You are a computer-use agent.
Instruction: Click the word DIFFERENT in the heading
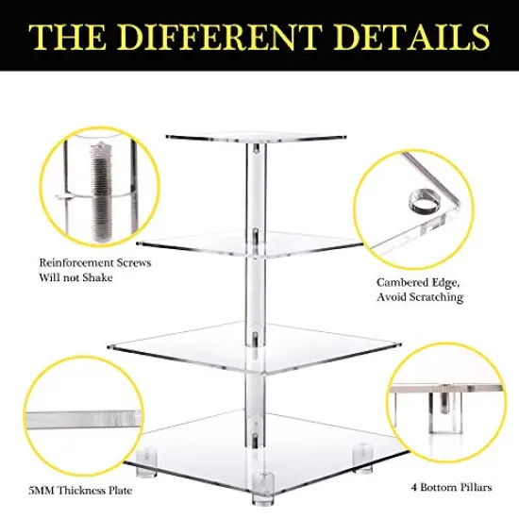coord(231,38)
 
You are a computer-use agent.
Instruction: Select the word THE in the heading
coord(69,38)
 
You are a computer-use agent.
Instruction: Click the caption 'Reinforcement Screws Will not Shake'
coord(94,271)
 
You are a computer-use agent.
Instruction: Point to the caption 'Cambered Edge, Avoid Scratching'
coord(421,290)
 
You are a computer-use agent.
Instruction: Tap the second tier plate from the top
coord(257,242)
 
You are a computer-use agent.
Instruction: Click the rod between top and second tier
coord(256,189)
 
